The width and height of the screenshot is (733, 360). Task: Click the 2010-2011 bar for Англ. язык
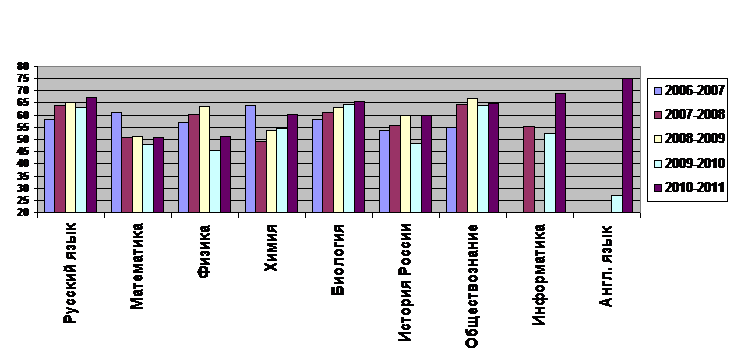click(x=627, y=145)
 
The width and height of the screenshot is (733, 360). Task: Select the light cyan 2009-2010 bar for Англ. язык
click(x=617, y=204)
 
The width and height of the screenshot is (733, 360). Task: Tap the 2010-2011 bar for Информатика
click(x=560, y=153)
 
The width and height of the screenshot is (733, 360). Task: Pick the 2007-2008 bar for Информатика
click(x=529, y=169)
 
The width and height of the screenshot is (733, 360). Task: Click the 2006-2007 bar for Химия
click(x=251, y=159)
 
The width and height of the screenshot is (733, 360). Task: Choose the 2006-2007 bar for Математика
click(x=116, y=162)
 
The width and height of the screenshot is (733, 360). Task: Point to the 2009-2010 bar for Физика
click(x=215, y=181)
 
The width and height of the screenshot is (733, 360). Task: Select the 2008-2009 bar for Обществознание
click(x=472, y=155)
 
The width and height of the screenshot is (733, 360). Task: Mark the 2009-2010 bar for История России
click(x=416, y=178)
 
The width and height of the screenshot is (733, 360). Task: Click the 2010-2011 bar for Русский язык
click(x=91, y=155)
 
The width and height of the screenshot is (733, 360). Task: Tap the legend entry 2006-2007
click(x=689, y=90)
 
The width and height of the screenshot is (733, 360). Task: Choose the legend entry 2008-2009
click(x=689, y=139)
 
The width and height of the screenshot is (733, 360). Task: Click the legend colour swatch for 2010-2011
click(x=657, y=188)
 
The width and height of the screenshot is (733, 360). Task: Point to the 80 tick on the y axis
click(x=24, y=66)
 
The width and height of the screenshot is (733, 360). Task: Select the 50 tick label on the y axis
click(x=24, y=139)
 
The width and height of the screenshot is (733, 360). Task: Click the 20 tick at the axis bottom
click(x=24, y=213)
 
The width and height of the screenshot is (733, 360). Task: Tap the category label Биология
click(x=338, y=259)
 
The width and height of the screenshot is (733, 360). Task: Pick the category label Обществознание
click(x=472, y=286)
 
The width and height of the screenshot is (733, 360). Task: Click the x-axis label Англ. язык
click(x=605, y=266)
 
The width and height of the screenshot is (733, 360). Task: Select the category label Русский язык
click(x=70, y=273)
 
